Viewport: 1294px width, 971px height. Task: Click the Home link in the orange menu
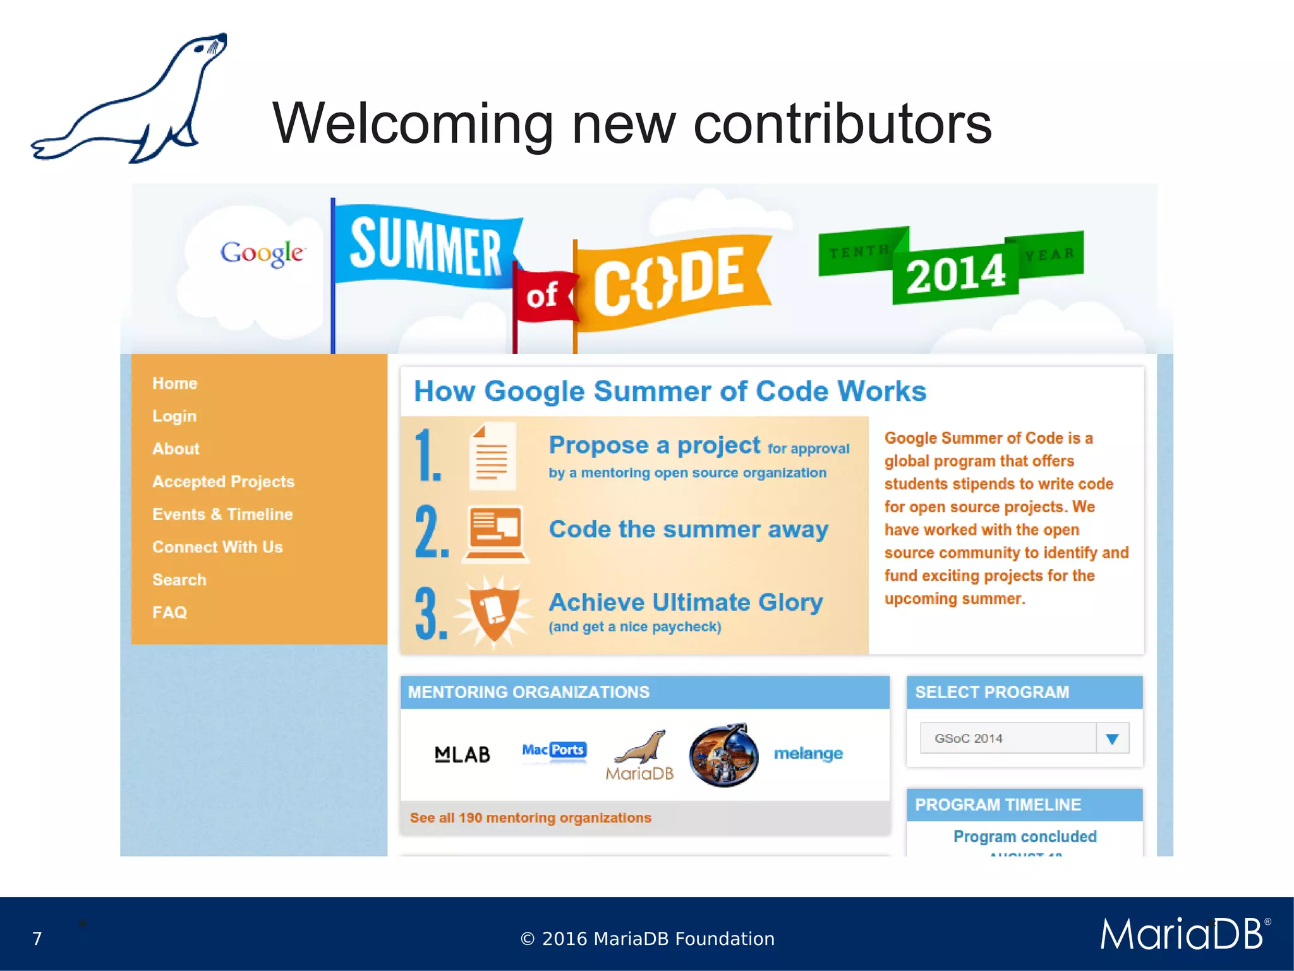(174, 383)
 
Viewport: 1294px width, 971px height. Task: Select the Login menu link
(174, 416)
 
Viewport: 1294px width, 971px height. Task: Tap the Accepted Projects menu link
(223, 482)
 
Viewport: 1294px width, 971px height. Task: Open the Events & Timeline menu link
(222, 515)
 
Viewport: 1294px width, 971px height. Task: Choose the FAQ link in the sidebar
(169, 613)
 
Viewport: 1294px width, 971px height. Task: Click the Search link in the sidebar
(179, 580)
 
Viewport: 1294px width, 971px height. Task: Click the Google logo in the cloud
(262, 253)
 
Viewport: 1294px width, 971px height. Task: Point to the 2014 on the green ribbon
(955, 273)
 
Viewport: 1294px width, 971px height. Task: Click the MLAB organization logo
(463, 754)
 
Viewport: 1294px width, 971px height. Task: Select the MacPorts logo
(554, 750)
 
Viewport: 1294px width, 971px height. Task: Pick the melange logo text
(808, 754)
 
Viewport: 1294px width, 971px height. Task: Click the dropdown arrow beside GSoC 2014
(1112, 738)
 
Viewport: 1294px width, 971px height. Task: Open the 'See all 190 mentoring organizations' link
(530, 818)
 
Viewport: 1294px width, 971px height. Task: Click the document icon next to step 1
(493, 456)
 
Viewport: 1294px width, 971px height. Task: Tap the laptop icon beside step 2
(495, 533)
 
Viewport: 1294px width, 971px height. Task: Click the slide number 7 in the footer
(37, 939)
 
